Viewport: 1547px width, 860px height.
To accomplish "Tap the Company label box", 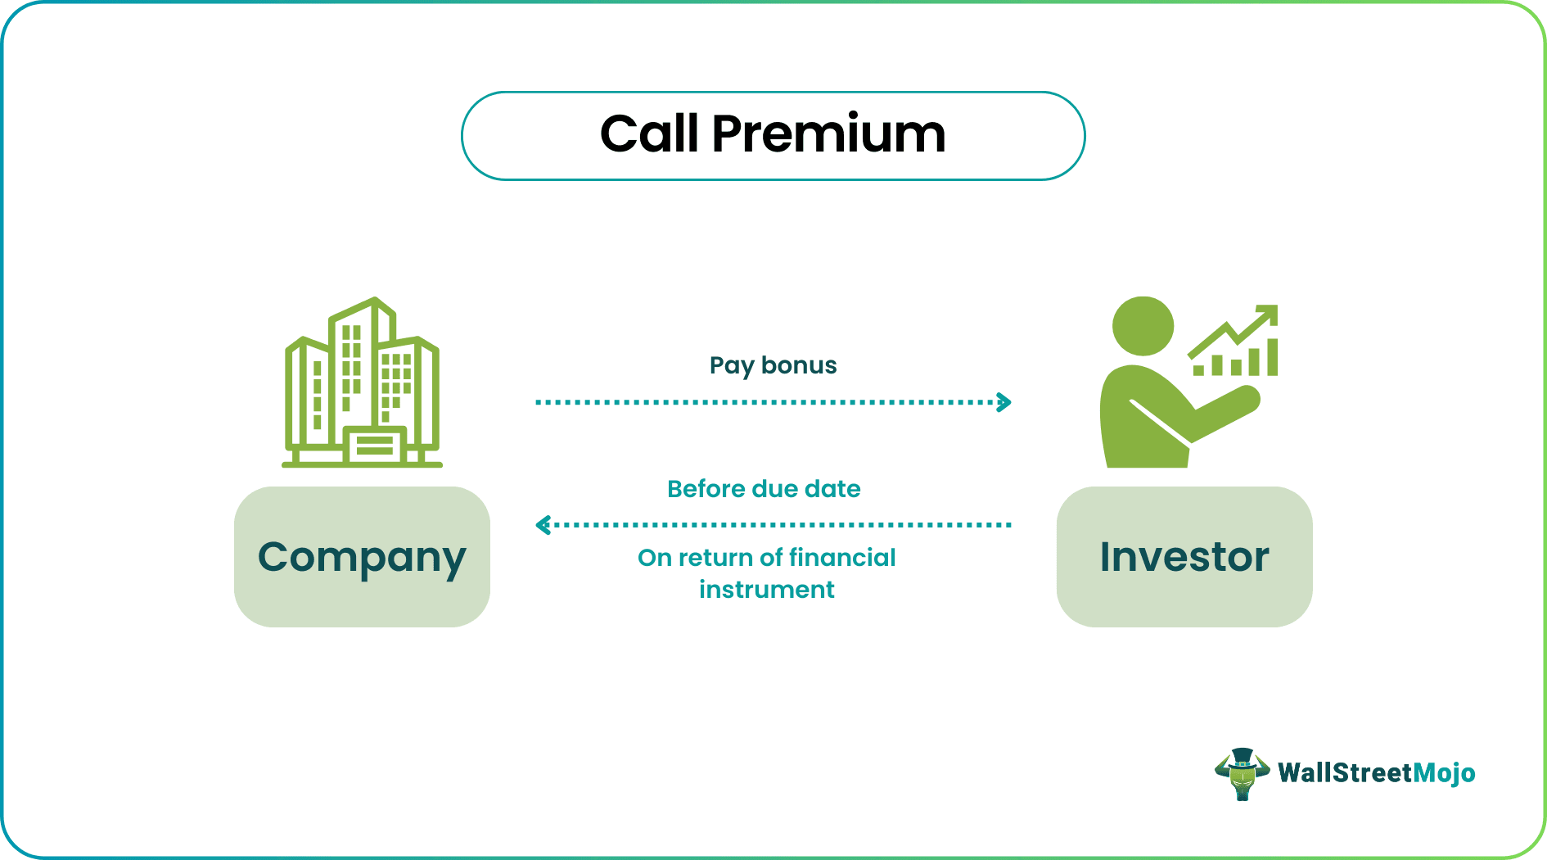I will [x=362, y=557].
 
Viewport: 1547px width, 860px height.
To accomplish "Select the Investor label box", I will [x=1184, y=557].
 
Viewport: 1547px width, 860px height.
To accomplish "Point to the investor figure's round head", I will [x=1143, y=326].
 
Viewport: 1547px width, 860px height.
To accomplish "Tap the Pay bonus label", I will [x=773, y=365].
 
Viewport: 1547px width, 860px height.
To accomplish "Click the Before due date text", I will [x=764, y=489].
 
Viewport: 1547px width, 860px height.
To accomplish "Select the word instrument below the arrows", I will [x=766, y=590].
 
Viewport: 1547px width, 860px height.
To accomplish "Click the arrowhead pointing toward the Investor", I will [x=1004, y=402].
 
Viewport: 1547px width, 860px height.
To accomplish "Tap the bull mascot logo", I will [x=1242, y=773].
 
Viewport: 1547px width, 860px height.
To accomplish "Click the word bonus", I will [x=799, y=365].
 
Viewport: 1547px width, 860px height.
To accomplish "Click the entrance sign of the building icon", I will [x=375, y=447].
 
